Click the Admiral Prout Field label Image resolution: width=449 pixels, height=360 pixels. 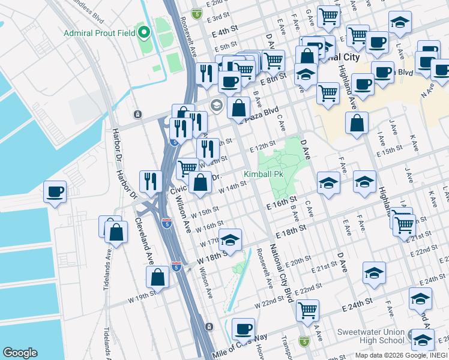(100, 32)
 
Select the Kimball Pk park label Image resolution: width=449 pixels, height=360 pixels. (263, 175)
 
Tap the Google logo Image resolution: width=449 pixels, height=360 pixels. (20, 353)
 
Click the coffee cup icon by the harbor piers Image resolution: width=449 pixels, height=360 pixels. (55, 192)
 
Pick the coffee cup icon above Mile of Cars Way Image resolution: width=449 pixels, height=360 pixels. (243, 329)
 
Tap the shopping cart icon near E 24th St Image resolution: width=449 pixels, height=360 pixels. (307, 310)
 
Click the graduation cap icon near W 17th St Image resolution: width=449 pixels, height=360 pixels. (230, 240)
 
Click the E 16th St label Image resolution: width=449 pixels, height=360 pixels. (282, 202)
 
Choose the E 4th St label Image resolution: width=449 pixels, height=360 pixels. (225, 30)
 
